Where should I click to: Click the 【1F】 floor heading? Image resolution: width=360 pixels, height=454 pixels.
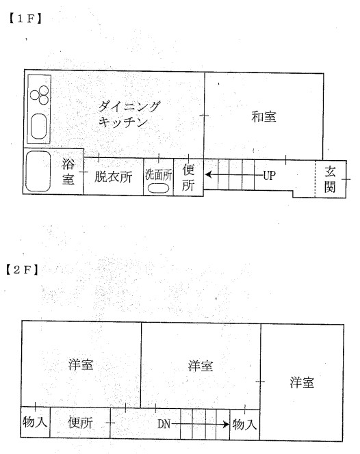pos(25,19)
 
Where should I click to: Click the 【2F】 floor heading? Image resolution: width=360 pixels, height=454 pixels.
pos(22,270)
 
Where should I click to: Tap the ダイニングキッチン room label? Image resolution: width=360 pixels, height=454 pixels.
pos(129,114)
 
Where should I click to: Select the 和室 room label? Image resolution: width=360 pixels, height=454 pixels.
pos(263,117)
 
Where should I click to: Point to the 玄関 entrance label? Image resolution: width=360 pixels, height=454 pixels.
pos(330,180)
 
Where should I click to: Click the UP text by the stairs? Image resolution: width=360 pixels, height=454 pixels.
pos(269,176)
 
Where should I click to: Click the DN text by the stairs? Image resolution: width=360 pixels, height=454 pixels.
pos(164,424)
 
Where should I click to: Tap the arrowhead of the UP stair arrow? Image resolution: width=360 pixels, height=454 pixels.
pos(208,175)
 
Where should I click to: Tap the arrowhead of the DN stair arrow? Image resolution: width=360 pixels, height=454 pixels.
pos(226,425)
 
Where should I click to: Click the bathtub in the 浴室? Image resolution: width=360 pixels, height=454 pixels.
pos(38,171)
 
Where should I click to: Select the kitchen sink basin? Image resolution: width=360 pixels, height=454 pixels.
pos(39,126)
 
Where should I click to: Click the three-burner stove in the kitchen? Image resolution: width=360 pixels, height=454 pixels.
pos(40,95)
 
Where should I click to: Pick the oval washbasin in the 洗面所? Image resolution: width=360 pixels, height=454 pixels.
pos(158,188)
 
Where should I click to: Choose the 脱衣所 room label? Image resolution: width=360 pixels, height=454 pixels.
pos(114,176)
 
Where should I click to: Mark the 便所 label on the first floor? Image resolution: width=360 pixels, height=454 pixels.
pos(188,177)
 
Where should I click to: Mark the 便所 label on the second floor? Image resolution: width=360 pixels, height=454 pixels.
pos(80,423)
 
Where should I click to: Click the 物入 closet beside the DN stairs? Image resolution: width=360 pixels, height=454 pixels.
pos(244,425)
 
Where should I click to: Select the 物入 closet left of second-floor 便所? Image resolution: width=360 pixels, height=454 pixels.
pos(35,422)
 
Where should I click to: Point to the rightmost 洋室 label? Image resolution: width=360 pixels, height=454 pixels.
pos(302,382)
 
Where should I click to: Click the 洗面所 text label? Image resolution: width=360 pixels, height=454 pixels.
pos(159,175)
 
